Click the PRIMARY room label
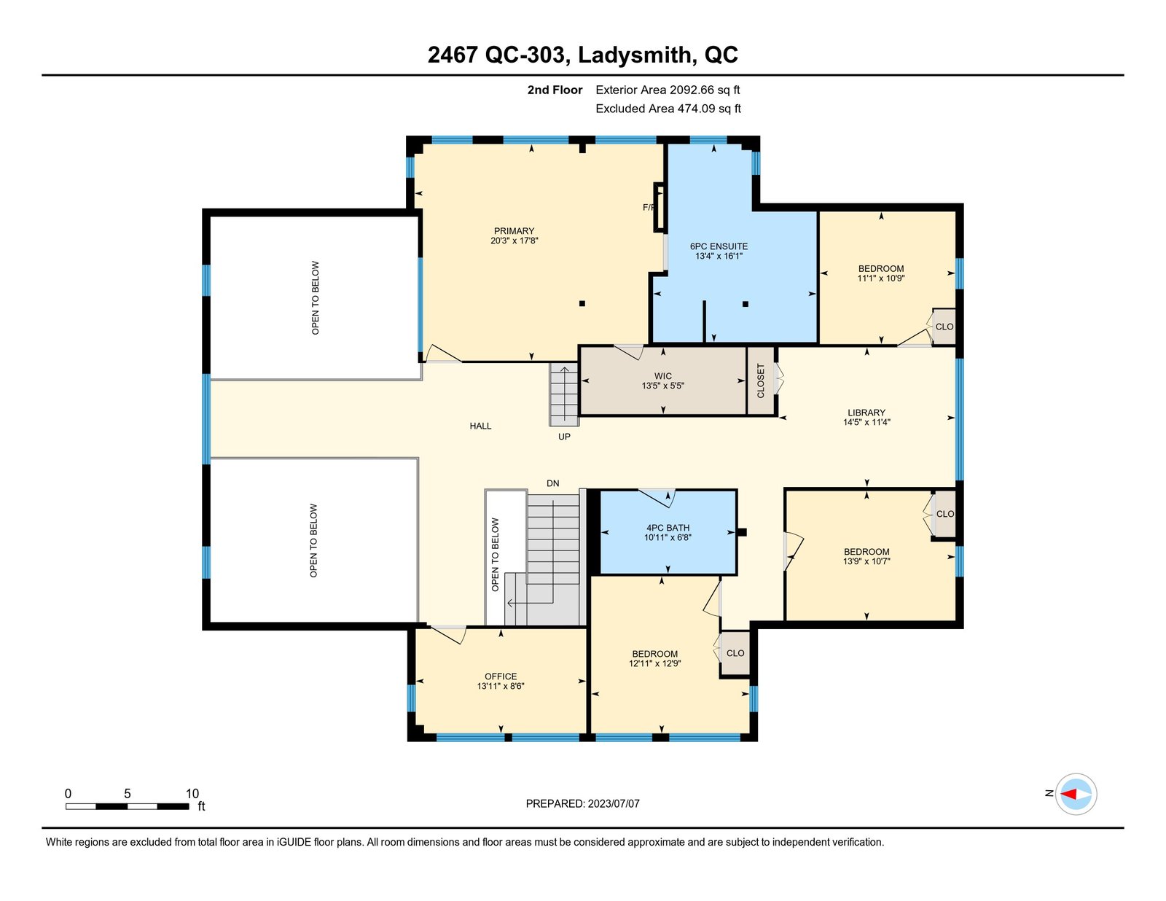[x=514, y=231]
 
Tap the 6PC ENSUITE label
[x=719, y=247]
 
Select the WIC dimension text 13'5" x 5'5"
[x=662, y=386]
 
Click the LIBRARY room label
[x=866, y=413]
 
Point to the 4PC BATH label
[x=668, y=528]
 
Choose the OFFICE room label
[x=501, y=676]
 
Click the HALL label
[x=480, y=426]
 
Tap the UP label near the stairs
[x=564, y=437]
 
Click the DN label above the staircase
[x=552, y=483]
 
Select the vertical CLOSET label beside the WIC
[x=760, y=381]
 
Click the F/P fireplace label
[x=648, y=208]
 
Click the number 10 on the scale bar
[x=192, y=794]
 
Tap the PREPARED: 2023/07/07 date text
[x=583, y=804]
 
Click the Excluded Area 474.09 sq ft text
[x=668, y=109]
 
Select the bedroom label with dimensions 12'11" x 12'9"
[x=654, y=654]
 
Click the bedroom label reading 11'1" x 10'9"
[x=880, y=269]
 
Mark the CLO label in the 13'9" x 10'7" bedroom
[x=945, y=514]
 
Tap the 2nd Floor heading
[x=555, y=90]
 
